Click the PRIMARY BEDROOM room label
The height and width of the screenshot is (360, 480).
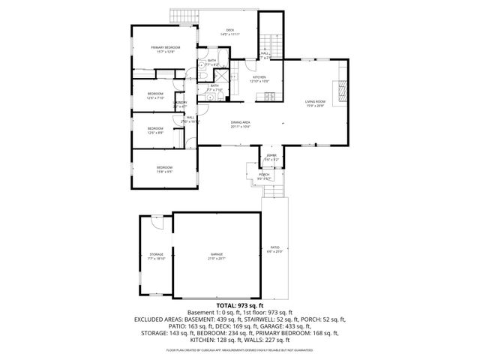[165, 48]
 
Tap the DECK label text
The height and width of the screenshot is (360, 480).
[229, 31]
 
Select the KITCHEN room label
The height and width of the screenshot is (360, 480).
[259, 77]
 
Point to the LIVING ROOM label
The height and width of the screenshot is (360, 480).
[315, 101]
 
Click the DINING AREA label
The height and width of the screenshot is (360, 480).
[240, 124]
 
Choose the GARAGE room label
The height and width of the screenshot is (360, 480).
[217, 255]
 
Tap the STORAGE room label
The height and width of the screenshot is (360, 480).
[156, 255]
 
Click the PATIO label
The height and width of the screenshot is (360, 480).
[274, 247]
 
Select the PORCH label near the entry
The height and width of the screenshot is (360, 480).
[264, 174]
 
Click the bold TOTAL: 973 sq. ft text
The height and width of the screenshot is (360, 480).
[240, 305]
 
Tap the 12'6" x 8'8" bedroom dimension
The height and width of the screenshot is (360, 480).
[155, 133]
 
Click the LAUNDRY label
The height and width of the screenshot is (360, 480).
[181, 103]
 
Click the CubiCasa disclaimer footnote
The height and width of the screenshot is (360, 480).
[240, 349]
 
